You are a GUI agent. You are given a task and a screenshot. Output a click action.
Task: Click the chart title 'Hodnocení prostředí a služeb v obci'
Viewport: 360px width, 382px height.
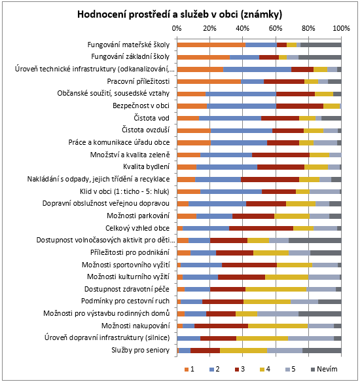tap(158, 14)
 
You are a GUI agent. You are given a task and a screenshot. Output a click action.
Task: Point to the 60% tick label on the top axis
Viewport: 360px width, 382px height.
tap(276, 28)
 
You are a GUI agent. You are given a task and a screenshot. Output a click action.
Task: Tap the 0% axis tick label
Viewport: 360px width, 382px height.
tap(177, 28)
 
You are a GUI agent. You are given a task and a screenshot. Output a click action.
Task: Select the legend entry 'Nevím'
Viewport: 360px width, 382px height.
tap(324, 369)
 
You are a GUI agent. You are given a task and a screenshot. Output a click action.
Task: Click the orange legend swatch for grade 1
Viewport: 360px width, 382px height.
tap(187, 370)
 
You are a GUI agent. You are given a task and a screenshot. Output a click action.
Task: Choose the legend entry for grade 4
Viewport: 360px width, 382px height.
tap(265, 369)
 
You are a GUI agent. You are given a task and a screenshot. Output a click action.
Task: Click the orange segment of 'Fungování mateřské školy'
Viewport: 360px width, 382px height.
tap(211, 45)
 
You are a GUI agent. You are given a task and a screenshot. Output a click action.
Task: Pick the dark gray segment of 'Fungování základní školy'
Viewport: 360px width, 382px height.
tap(320, 57)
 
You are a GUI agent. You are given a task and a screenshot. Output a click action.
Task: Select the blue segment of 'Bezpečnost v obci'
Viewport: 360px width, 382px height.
tap(242, 106)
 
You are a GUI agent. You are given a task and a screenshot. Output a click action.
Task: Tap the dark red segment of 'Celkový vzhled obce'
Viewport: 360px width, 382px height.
tap(261, 228)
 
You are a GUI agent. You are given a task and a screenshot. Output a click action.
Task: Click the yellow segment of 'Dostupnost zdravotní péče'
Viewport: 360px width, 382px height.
tap(276, 289)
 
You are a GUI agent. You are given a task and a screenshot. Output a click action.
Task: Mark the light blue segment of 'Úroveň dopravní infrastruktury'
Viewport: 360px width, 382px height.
tap(311, 338)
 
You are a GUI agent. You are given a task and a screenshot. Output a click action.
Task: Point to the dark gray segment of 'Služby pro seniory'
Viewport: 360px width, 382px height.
tap(322, 351)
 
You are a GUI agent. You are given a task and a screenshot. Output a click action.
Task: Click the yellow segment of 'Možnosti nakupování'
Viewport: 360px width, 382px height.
tap(278, 326)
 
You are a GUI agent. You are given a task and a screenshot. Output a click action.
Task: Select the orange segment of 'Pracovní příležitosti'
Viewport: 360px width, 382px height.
tap(209, 82)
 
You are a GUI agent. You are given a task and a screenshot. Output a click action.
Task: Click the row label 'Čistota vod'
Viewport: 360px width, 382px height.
tap(151, 118)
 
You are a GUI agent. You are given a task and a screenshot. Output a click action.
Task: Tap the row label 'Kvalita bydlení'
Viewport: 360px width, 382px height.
tap(146, 166)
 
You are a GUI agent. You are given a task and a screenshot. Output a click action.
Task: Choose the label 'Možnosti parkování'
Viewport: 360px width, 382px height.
tap(138, 216)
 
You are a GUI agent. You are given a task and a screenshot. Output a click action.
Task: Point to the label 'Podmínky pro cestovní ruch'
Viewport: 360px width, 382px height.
tap(125, 301)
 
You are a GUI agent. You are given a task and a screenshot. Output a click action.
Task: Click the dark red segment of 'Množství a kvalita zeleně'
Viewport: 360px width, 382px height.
tap(281, 155)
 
